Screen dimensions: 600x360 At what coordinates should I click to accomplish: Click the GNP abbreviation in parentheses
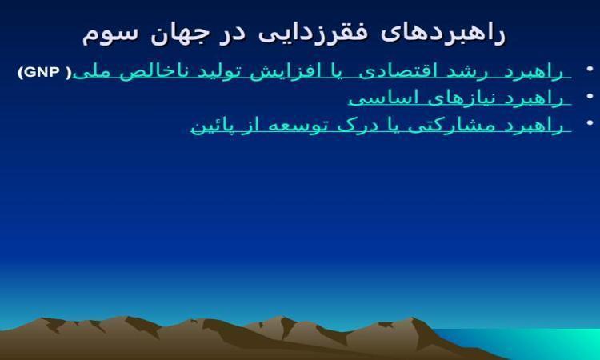[44, 72]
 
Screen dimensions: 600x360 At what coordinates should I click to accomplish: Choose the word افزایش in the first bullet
[282, 72]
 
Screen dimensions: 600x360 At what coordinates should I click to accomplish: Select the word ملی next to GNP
[89, 73]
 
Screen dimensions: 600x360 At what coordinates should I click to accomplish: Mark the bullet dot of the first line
[590, 69]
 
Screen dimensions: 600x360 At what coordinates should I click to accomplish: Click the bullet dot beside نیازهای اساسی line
[590, 96]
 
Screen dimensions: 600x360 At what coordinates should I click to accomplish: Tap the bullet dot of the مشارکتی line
[590, 123]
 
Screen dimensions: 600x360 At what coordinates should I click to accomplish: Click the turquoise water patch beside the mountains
[536, 343]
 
